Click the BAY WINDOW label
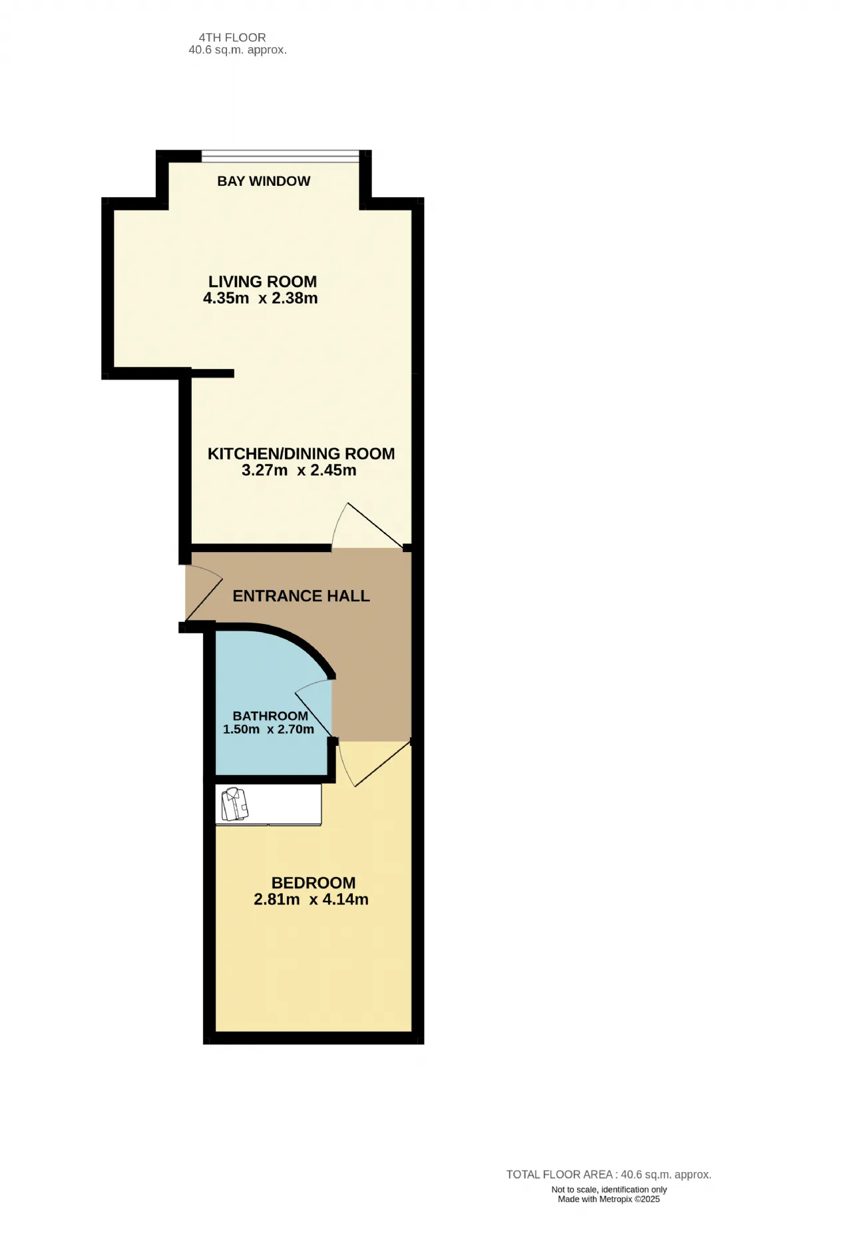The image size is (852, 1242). point(264,181)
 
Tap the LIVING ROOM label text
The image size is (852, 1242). point(262,282)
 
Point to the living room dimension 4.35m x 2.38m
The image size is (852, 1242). point(260,298)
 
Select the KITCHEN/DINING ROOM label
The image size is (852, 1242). point(301,454)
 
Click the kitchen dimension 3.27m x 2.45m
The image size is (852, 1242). point(299,470)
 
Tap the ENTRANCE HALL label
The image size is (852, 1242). point(301,596)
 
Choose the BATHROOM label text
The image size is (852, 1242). point(270,716)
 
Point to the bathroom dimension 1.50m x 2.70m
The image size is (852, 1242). point(268,729)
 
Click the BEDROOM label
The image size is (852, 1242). point(314,883)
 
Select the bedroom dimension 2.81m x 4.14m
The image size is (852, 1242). point(311,900)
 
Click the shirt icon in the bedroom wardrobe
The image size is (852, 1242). point(234,804)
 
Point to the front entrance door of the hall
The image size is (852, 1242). point(203,593)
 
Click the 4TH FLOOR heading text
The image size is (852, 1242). point(232,37)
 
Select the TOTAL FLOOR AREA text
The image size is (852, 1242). point(608,1175)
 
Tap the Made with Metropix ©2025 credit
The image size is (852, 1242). point(609,1199)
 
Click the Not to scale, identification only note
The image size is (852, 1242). point(609,1189)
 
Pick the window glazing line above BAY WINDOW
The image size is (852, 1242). point(280,156)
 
